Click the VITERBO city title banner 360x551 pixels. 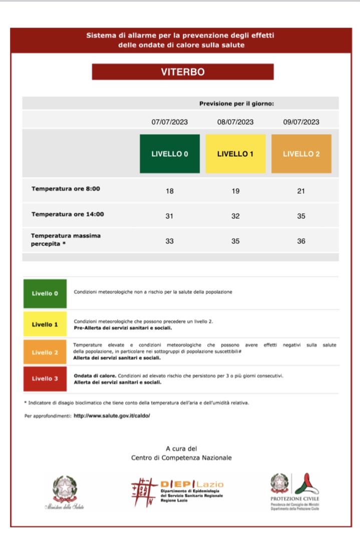coord(182,72)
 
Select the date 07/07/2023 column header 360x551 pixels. coord(170,122)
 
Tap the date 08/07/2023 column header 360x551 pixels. coord(235,122)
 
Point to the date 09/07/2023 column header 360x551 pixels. coord(301,122)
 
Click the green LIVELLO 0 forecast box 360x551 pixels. coord(170,154)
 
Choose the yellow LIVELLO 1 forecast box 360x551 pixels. coord(235,154)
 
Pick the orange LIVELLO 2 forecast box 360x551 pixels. coord(301,154)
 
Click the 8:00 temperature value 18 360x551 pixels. coord(170,191)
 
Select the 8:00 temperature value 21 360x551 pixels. coord(301,191)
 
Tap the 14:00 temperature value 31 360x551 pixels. coord(170,216)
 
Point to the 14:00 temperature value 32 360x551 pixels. coord(235,216)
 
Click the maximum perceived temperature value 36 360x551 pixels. coord(301,241)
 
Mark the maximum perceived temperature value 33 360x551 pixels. coord(170,241)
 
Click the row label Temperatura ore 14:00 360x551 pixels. coord(68,214)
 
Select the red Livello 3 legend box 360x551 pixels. coord(45,379)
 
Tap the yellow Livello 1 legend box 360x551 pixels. coord(45,324)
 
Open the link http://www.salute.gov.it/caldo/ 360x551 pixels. coord(112,416)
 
